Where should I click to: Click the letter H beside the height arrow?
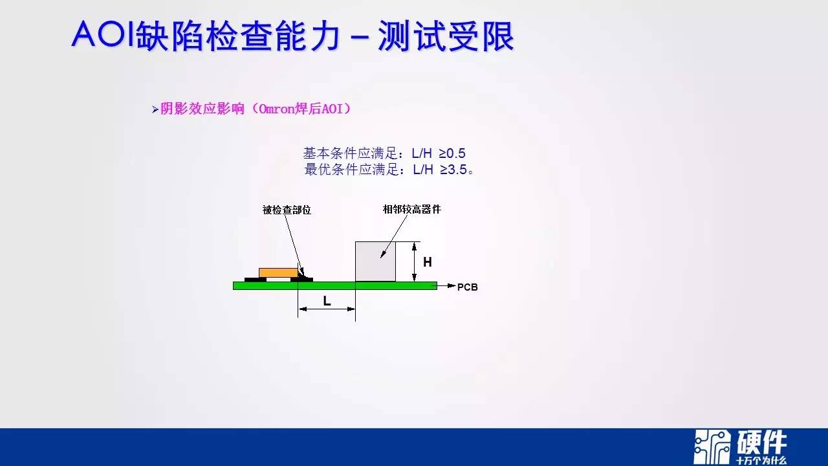(x=428, y=262)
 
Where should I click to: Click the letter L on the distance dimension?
(x=327, y=301)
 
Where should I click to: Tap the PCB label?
(x=468, y=287)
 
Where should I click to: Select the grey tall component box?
(x=376, y=261)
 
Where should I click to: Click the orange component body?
(x=278, y=273)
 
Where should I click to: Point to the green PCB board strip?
(x=335, y=285)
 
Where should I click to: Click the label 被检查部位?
(x=287, y=210)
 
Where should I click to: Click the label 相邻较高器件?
(x=412, y=209)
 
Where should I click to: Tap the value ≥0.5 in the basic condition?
(x=452, y=153)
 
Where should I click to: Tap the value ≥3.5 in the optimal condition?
(x=453, y=170)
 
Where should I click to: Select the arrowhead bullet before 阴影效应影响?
(x=155, y=109)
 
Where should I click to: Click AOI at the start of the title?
(x=103, y=34)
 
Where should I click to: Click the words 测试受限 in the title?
(x=446, y=36)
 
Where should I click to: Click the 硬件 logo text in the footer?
(x=762, y=443)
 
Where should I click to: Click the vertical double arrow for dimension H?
(x=415, y=261)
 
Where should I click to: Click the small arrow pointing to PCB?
(x=446, y=285)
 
